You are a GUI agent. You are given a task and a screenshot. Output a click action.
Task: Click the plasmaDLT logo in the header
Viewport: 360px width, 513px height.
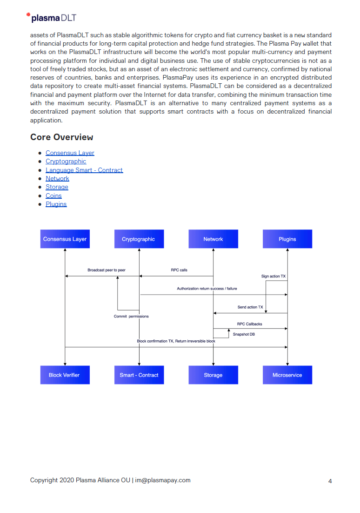pyautogui.click(x=52, y=18)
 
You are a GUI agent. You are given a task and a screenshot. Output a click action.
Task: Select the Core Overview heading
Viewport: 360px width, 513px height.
pyautogui.click(x=61, y=137)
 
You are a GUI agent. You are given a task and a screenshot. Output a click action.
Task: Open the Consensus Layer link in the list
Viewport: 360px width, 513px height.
pyautogui.click(x=70, y=153)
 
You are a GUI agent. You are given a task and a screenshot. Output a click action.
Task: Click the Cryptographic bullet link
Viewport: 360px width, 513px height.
pyautogui.click(x=66, y=161)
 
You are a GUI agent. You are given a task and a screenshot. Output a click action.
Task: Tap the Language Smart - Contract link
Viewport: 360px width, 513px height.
pyautogui.click(x=84, y=170)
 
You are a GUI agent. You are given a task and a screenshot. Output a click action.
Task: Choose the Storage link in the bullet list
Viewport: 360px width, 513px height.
pyautogui.click(x=57, y=187)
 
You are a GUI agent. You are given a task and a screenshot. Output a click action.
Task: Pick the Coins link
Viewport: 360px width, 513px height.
pyautogui.click(x=53, y=196)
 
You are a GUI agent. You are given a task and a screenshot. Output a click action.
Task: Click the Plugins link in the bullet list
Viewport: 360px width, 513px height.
pyautogui.click(x=56, y=204)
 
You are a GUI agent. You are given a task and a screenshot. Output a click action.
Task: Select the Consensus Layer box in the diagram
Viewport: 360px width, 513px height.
pyautogui.click(x=65, y=239)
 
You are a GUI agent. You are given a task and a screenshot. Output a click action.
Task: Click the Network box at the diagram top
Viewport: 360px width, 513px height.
pyautogui.click(x=213, y=239)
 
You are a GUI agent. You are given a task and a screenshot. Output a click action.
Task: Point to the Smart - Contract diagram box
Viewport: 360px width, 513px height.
pyautogui.click(x=139, y=375)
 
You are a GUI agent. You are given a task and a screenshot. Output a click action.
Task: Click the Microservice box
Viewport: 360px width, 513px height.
pyautogui.click(x=287, y=375)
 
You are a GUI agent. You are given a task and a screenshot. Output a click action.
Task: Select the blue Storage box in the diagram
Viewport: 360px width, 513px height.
pyautogui.click(x=213, y=375)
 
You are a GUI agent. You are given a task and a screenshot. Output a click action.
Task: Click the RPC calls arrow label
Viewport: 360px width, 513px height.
pyautogui.click(x=179, y=270)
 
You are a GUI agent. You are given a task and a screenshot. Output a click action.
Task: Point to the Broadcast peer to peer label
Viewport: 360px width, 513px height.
pyautogui.click(x=107, y=270)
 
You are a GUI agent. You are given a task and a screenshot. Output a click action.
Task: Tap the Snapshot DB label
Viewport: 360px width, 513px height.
pyautogui.click(x=244, y=334)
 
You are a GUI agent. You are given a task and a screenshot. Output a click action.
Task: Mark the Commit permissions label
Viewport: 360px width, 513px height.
pyautogui.click(x=131, y=317)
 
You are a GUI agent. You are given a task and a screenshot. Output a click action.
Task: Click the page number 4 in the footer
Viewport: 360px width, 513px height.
pyautogui.click(x=330, y=481)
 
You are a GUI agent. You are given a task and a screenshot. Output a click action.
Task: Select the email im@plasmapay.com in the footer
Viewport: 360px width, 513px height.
pyautogui.click(x=163, y=480)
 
